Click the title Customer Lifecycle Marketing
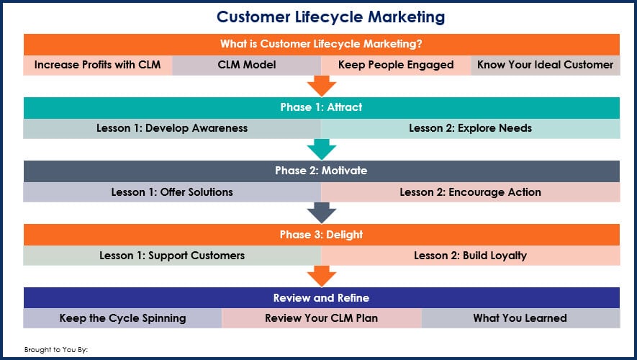click(x=330, y=17)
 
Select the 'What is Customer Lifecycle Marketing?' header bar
click(x=321, y=45)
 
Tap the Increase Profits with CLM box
click(x=97, y=65)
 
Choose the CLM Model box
click(x=247, y=65)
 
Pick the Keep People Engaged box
click(x=396, y=65)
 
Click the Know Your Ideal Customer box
click(x=545, y=65)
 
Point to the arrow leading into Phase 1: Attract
click(x=321, y=86)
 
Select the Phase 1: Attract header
click(x=321, y=108)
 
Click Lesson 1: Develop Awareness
click(x=172, y=128)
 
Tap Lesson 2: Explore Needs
click(x=471, y=128)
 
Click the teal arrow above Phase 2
click(x=321, y=150)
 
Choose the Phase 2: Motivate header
click(x=321, y=171)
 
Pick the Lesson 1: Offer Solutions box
click(x=172, y=192)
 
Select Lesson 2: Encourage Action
click(x=471, y=192)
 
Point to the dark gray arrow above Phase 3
click(x=321, y=213)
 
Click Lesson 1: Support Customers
click(x=172, y=256)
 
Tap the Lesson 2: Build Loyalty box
click(x=471, y=256)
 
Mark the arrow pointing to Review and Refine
click(x=321, y=276)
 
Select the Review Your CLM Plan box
click(x=321, y=318)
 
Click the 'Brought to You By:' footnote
click(x=56, y=349)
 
